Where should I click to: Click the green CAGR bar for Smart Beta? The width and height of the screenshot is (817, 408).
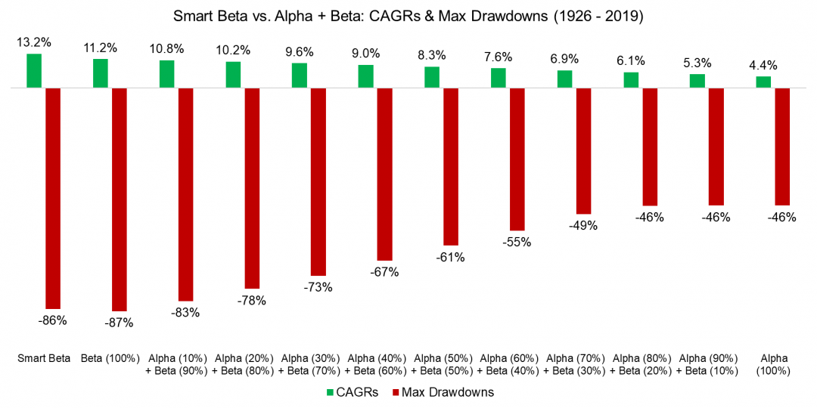pyautogui.click(x=34, y=71)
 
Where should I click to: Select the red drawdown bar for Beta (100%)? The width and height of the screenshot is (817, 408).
pyautogui.click(x=119, y=199)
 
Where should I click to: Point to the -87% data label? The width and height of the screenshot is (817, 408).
pyautogui.click(x=119, y=323)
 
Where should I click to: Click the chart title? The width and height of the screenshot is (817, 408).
pyautogui.click(x=408, y=14)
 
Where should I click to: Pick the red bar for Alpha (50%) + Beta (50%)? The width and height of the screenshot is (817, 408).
pyautogui.click(x=451, y=166)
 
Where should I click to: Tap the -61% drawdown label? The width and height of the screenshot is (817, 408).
pyautogui.click(x=450, y=257)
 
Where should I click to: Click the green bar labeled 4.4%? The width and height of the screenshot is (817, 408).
pyautogui.click(x=763, y=82)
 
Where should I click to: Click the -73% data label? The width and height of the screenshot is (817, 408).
pyautogui.click(x=318, y=287)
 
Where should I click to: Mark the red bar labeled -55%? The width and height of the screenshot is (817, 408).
pyautogui.click(x=517, y=159)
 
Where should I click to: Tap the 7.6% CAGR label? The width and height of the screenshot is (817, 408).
pyautogui.click(x=499, y=57)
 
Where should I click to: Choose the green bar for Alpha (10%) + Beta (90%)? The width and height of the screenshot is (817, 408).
pyautogui.click(x=166, y=74)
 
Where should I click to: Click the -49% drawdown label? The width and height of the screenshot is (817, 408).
pyautogui.click(x=583, y=225)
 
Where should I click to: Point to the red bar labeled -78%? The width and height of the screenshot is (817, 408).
pyautogui.click(x=252, y=188)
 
